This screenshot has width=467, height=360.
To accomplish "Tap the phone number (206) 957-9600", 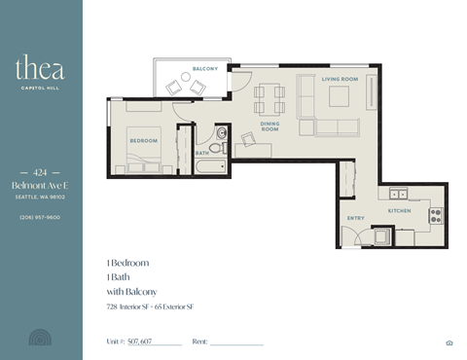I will tap(40, 217).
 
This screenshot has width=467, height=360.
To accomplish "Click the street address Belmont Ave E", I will tap(40, 184).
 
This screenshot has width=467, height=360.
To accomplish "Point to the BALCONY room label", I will tap(204, 69).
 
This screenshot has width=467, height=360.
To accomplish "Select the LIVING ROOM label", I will tap(341, 79).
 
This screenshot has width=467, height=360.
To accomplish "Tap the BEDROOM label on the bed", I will tap(143, 141).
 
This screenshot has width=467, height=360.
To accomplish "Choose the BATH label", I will tap(201, 153).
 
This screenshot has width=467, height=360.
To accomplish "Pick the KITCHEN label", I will tap(400, 210).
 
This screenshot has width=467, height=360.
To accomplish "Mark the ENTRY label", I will tap(355, 218).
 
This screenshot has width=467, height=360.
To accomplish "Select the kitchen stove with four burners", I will tap(434, 215).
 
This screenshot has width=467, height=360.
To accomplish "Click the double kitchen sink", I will tap(399, 192).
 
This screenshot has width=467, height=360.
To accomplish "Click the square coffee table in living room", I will tap(339, 95).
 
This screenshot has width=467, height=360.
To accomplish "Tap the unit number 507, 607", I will tap(140, 342).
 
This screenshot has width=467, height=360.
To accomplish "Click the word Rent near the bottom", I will tap(200, 342).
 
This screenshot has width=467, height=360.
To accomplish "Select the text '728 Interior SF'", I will tap(128, 307).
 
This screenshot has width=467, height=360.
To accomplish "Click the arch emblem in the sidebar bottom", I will tap(40, 336).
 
